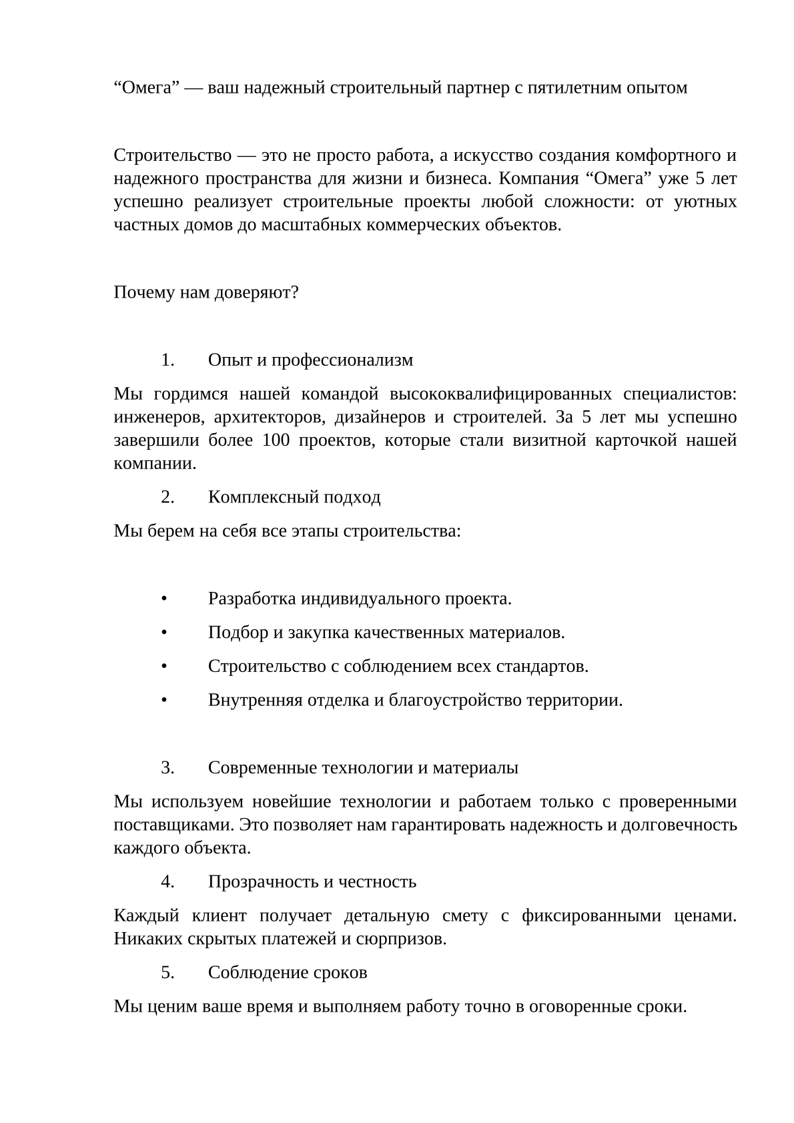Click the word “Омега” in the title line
click(143, 88)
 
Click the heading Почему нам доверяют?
click(206, 292)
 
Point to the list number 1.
click(167, 360)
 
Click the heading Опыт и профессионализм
click(310, 360)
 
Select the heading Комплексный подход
click(294, 497)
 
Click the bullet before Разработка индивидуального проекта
click(163, 599)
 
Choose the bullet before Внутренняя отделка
click(163, 700)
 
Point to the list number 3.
click(167, 768)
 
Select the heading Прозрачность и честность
click(312, 881)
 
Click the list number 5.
click(167, 972)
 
